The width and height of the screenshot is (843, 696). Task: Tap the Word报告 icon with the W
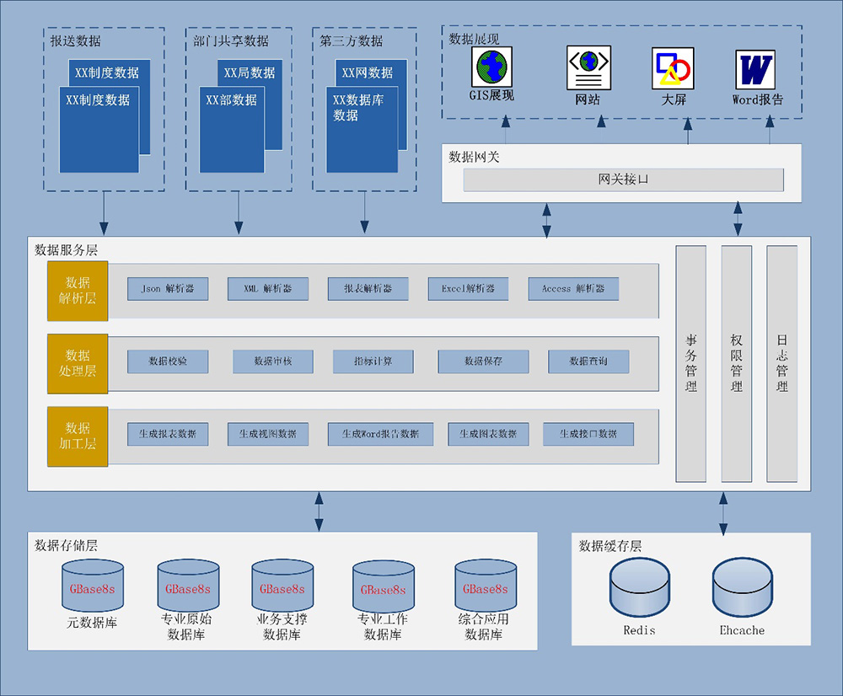click(756, 69)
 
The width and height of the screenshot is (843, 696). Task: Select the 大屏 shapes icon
click(673, 68)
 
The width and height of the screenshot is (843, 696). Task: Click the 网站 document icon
click(588, 67)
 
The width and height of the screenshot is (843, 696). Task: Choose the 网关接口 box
click(623, 179)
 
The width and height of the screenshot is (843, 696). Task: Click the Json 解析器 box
click(168, 289)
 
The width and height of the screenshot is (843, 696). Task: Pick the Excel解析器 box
click(468, 289)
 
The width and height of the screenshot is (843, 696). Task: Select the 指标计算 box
click(373, 361)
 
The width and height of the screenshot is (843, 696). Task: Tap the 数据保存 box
click(483, 361)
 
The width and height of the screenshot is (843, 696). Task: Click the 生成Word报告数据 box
click(380, 434)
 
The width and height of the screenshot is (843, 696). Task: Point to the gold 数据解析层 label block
click(78, 291)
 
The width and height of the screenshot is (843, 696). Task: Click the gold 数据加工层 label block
click(78, 436)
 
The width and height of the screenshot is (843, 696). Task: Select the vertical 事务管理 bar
click(691, 363)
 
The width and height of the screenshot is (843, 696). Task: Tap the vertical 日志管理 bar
click(781, 363)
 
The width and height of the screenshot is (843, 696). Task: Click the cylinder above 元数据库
click(93, 587)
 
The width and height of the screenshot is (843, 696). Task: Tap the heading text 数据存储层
click(67, 546)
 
